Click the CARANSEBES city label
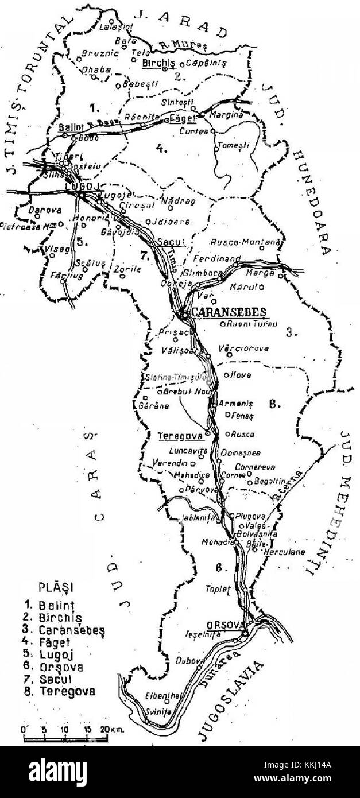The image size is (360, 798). coord(229,312)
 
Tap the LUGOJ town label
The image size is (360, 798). coord(79,187)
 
